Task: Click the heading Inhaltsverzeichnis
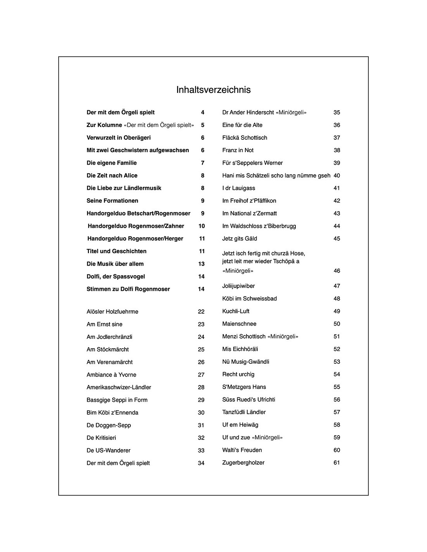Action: pyautogui.click(x=213, y=90)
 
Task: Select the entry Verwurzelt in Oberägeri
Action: pyautogui.click(x=118, y=138)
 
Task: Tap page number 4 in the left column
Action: pyautogui.click(x=203, y=113)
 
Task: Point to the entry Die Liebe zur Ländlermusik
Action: pyautogui.click(x=124, y=188)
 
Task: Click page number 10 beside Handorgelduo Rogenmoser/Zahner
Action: pyautogui.click(x=201, y=226)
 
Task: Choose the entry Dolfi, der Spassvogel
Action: pyautogui.click(x=116, y=276)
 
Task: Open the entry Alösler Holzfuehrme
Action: pyautogui.click(x=112, y=312)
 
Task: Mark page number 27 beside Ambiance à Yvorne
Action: pyautogui.click(x=201, y=375)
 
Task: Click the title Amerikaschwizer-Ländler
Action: pyautogui.click(x=119, y=387)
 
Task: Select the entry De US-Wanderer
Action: pyautogui.click(x=108, y=450)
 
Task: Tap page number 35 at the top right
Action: pyautogui.click(x=337, y=113)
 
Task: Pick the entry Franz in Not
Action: pyautogui.click(x=238, y=150)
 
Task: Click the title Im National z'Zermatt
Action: pyautogui.click(x=249, y=214)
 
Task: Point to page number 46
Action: pyautogui.click(x=337, y=271)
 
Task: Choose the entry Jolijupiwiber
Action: pyautogui.click(x=238, y=286)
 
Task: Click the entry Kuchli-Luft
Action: pyautogui.click(x=236, y=311)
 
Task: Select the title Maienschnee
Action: pyautogui.click(x=239, y=324)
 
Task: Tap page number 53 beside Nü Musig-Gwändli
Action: pyautogui.click(x=337, y=362)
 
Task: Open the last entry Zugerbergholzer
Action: pyautogui.click(x=243, y=463)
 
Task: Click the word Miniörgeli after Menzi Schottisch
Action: pyautogui.click(x=283, y=337)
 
